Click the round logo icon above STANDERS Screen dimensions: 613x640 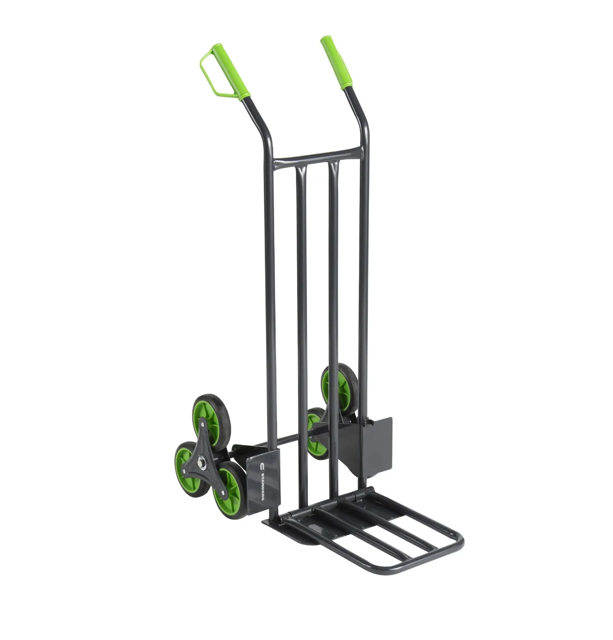coord(262,467)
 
